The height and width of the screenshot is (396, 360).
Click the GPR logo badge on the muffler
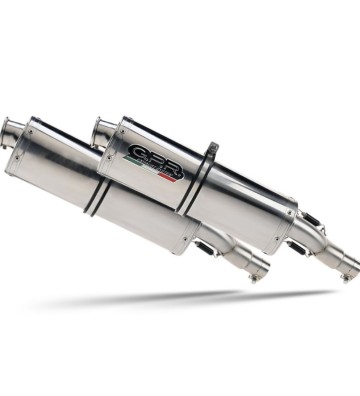(x=155, y=161)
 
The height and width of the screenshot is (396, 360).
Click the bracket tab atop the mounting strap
(x=212, y=152)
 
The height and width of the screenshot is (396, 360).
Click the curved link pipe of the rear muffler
(x=320, y=245)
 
